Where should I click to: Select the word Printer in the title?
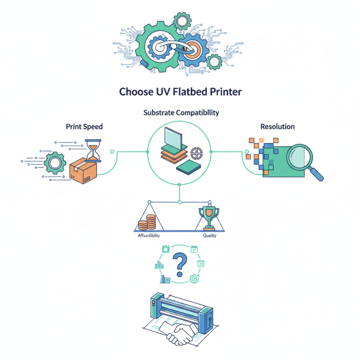tap(225, 91)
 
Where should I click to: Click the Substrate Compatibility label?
tap(181, 112)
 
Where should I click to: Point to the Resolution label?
tap(277, 126)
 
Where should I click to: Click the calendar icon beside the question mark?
tap(194, 248)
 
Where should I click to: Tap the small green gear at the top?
tap(182, 20)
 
